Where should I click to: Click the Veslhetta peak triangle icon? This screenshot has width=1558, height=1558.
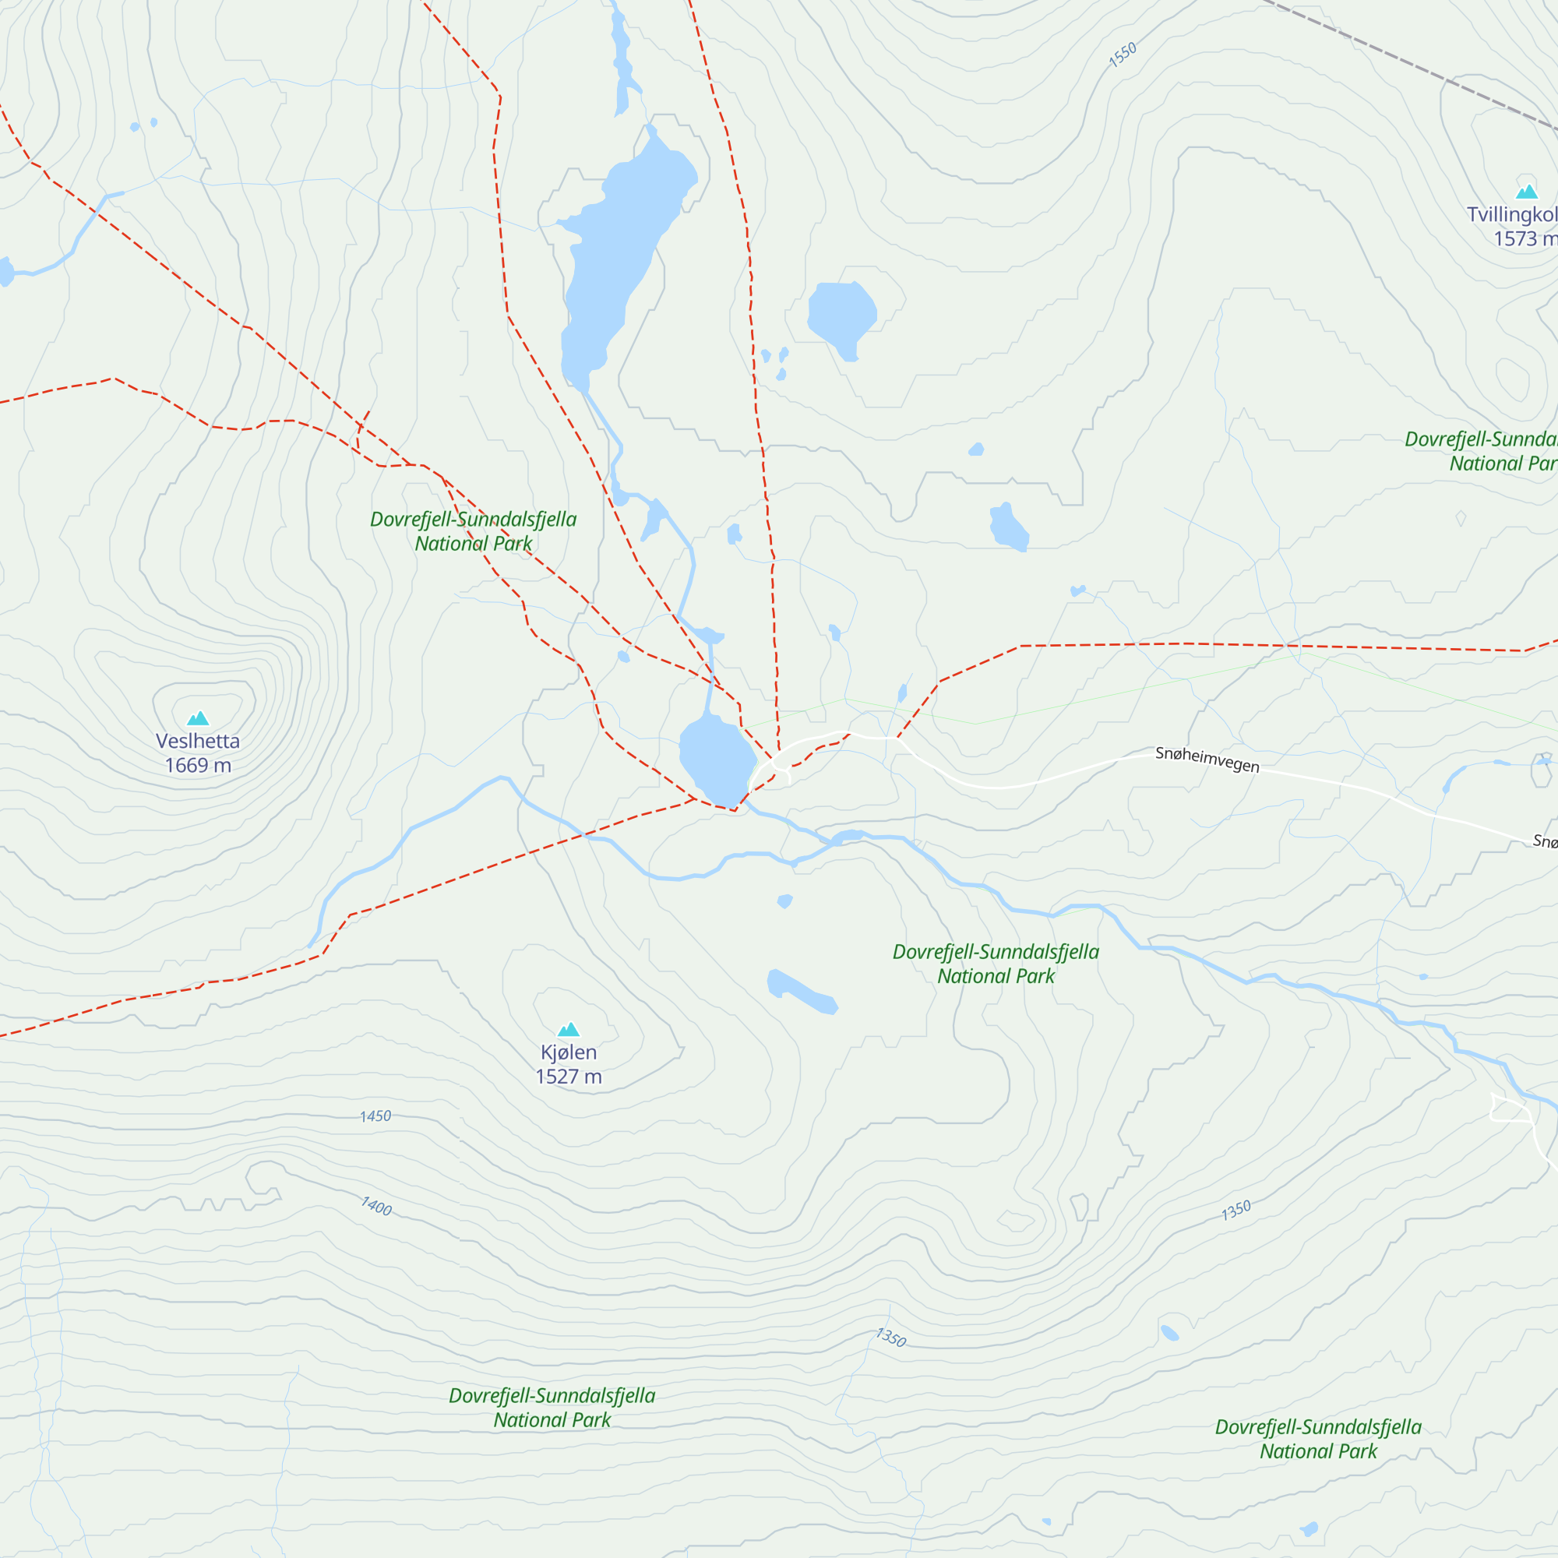[x=198, y=717]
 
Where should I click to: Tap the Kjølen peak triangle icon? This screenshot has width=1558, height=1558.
[x=569, y=1029]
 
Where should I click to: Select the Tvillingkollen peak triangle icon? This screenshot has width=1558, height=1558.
[x=1527, y=191]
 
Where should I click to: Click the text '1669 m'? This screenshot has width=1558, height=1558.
[x=198, y=765]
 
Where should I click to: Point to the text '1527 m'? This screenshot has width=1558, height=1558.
[x=569, y=1077]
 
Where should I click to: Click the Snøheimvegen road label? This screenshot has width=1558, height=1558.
[x=1207, y=759]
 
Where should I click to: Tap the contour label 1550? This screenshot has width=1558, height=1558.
[x=1122, y=54]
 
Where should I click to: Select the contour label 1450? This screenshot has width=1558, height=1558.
[x=375, y=1116]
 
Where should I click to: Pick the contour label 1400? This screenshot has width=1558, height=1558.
[x=375, y=1207]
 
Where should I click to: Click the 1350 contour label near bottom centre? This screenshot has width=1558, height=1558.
[x=891, y=1338]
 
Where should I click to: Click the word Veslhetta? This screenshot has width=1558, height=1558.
[x=198, y=741]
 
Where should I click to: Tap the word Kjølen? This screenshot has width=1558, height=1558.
[x=569, y=1052]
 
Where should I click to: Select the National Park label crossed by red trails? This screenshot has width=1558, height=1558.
[x=474, y=531]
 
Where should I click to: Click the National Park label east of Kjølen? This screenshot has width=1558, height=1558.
[x=995, y=964]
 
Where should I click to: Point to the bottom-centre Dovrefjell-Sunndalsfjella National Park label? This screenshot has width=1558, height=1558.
[x=552, y=1407]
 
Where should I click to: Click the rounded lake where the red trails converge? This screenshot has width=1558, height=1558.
[x=716, y=758]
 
